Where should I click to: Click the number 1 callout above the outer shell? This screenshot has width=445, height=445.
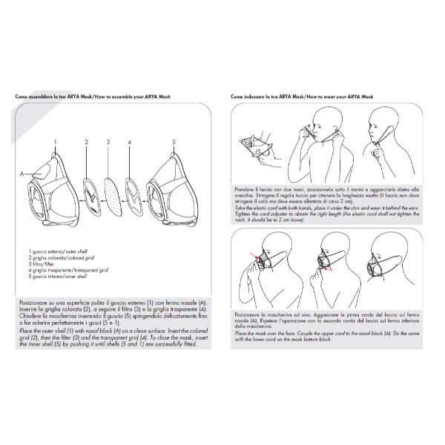[x=55, y=140]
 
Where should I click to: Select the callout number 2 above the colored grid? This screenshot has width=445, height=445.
[x=86, y=140]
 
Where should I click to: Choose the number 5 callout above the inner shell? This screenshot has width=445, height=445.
[x=174, y=140]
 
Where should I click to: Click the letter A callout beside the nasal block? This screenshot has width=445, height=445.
[x=23, y=174]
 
